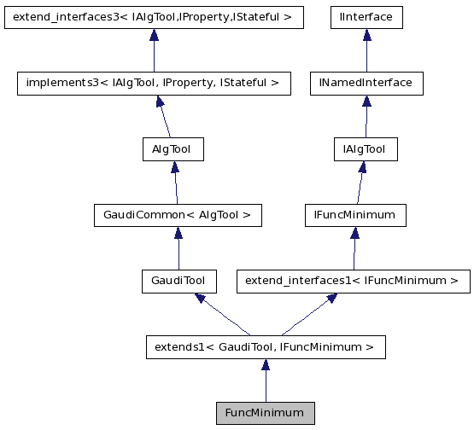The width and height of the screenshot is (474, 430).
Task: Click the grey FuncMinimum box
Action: coord(265,413)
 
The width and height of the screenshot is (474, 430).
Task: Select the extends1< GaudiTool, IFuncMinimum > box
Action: coord(265,347)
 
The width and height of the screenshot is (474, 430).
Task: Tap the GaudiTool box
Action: coord(178,280)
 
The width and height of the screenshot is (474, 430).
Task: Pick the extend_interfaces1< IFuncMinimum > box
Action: coord(353,280)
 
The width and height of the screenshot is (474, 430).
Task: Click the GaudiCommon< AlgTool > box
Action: coord(177,215)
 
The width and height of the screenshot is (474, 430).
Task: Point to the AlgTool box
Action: coord(172,149)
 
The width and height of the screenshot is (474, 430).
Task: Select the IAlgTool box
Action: coord(364,149)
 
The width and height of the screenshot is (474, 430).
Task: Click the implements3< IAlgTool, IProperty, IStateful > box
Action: coord(154,83)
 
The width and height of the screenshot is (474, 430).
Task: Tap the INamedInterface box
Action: coord(366,83)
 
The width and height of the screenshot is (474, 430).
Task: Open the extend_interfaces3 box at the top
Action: coord(154,17)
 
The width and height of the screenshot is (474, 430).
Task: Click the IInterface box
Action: coord(366,17)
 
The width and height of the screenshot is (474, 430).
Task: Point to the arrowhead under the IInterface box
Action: coord(366,35)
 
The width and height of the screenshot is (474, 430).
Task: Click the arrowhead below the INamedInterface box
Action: coord(366,101)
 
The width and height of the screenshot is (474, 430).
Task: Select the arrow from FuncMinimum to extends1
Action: coord(266,384)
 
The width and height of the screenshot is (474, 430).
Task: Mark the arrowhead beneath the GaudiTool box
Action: coord(199,298)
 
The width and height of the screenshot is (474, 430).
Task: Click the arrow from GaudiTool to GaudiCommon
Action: coord(178,251)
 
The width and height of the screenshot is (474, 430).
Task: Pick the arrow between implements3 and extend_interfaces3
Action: coord(154,53)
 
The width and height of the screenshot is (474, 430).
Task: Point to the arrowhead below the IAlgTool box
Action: coord(362,167)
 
